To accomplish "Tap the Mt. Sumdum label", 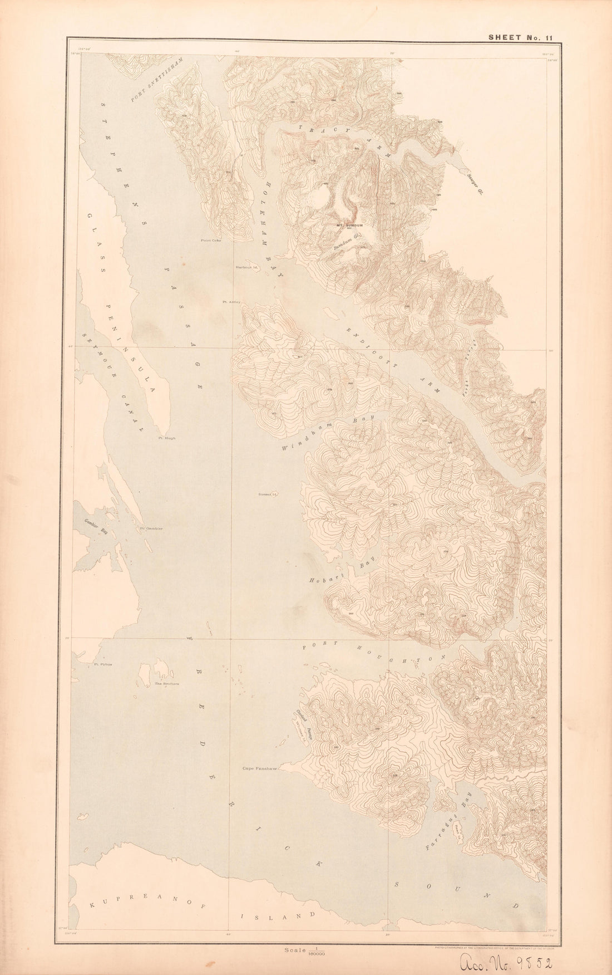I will [x=349, y=226].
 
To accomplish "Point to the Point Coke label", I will [x=211, y=241].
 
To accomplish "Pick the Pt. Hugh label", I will [x=166, y=438].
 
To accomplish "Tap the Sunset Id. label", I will [x=268, y=494].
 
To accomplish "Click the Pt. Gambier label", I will [x=151, y=528].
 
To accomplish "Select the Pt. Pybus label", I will [x=103, y=664].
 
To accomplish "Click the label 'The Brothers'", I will [x=166, y=684].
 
